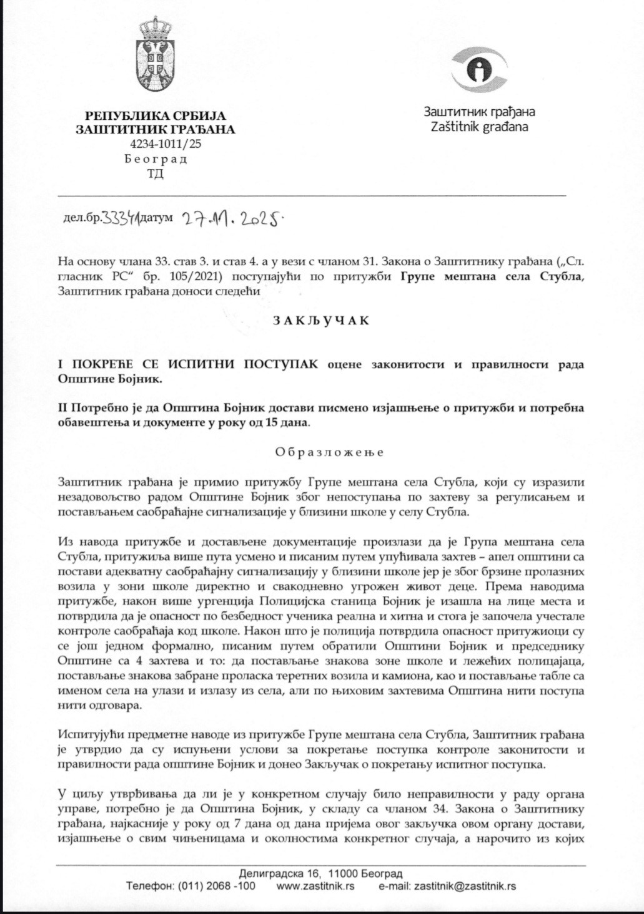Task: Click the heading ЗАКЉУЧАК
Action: coord(320,321)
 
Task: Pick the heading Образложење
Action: coord(329,452)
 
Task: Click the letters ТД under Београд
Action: coord(155,173)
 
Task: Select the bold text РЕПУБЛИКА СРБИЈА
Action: coord(156,115)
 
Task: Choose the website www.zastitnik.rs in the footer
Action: coord(315,886)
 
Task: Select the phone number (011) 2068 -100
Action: coord(216,886)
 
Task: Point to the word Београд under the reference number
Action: coord(156,159)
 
